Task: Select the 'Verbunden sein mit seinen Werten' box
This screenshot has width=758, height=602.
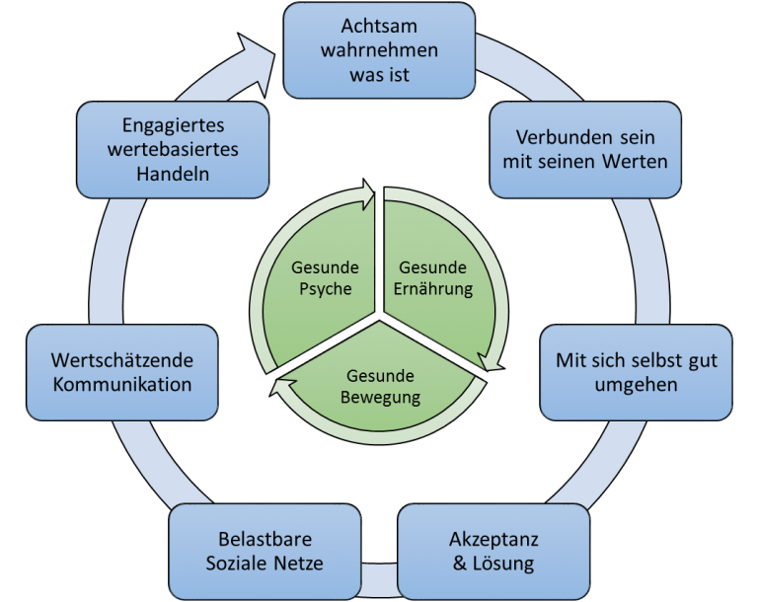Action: (585, 149)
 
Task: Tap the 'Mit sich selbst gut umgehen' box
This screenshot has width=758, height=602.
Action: (637, 372)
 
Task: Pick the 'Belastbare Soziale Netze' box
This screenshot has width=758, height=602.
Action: (265, 552)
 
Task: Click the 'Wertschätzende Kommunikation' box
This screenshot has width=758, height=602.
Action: (121, 372)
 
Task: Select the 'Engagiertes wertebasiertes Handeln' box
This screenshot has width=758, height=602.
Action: (172, 149)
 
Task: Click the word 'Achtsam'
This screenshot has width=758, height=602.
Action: (379, 26)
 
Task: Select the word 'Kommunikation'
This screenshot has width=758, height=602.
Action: (121, 384)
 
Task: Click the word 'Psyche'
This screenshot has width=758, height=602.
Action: (325, 289)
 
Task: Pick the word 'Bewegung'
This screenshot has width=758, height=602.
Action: (380, 398)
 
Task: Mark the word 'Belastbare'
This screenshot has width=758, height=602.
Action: (265, 540)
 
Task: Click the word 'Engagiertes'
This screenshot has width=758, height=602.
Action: (173, 125)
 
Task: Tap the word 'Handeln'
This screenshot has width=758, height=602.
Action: (173, 173)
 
